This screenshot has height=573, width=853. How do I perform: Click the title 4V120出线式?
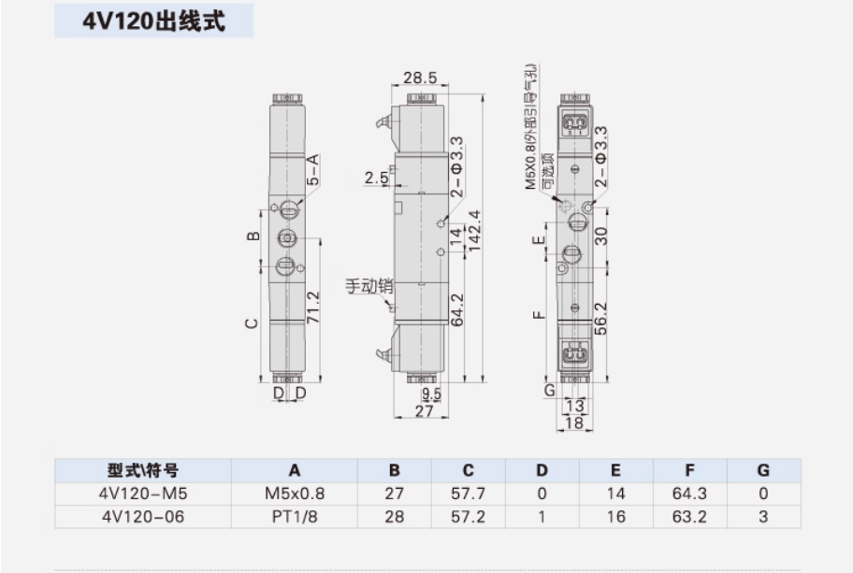click(x=153, y=21)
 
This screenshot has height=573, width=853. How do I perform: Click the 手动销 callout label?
click(x=367, y=285)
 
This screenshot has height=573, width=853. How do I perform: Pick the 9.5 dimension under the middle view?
click(x=431, y=393)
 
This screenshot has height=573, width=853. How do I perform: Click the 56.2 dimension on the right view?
click(x=601, y=317)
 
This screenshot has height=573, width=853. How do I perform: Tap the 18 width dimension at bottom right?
click(x=575, y=423)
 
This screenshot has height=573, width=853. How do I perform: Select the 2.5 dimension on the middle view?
click(x=376, y=177)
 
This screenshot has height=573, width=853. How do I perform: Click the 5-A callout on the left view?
click(x=314, y=167)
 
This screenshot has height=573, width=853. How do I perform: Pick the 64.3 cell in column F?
click(x=689, y=493)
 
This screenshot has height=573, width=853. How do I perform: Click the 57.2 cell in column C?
click(x=469, y=515)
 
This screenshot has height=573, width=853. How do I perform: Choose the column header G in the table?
click(x=763, y=469)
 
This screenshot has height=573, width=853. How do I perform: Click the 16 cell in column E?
click(x=614, y=515)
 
